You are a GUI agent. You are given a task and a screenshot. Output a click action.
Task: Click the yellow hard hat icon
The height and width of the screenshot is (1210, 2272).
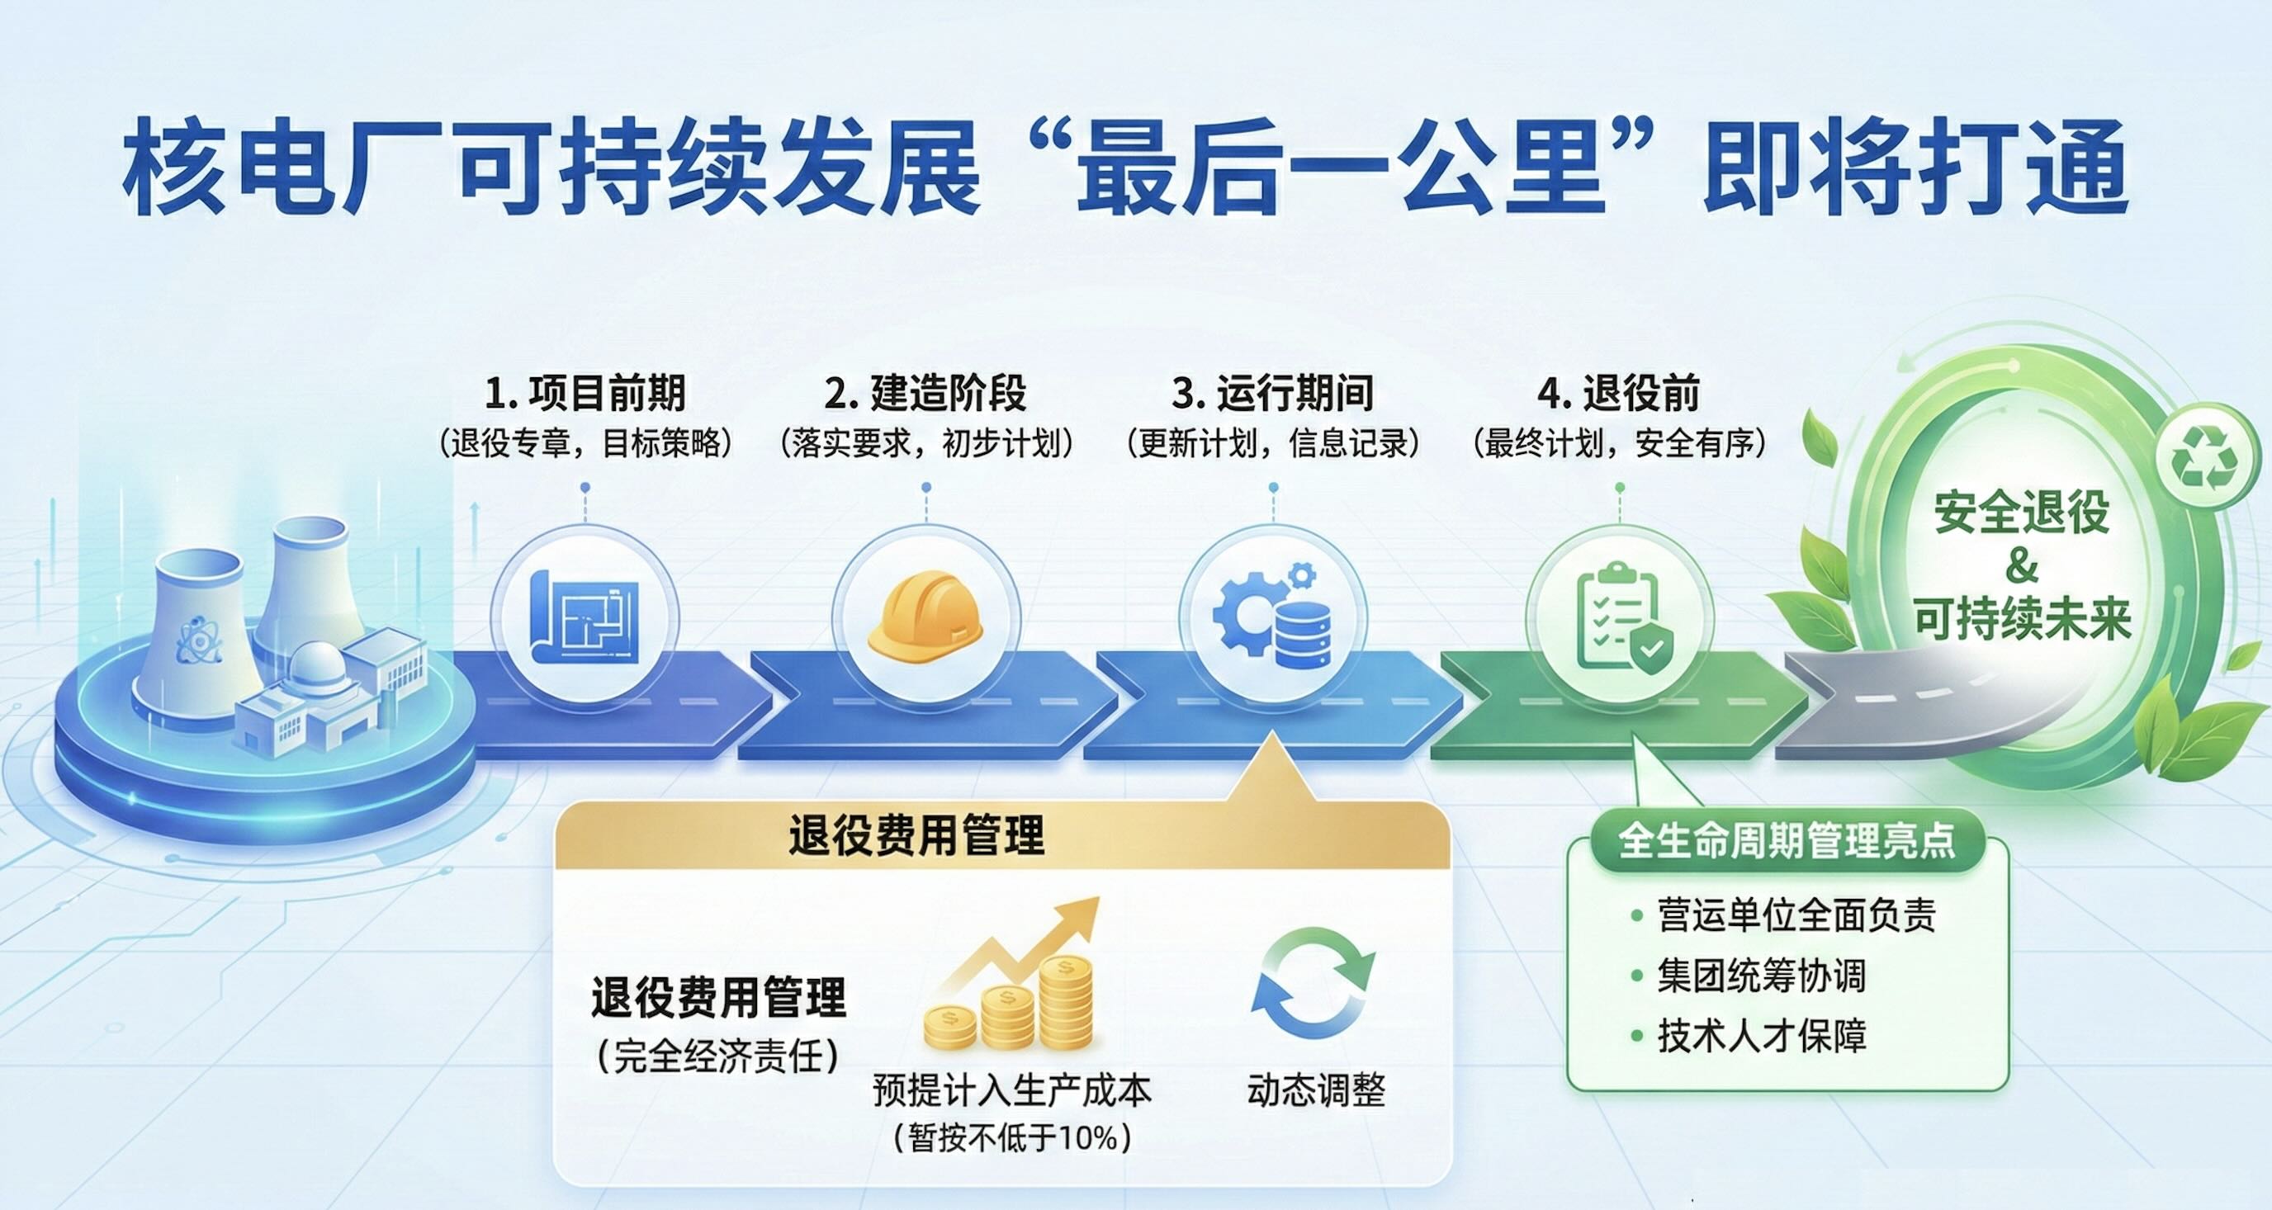pos(925,615)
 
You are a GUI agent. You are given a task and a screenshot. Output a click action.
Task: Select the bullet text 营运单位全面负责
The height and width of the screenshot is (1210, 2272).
pos(1796,915)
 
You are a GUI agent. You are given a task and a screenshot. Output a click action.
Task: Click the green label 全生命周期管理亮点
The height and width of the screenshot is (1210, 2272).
pos(1787,840)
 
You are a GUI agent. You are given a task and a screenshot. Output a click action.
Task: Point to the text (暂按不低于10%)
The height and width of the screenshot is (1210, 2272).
pos(1012,1138)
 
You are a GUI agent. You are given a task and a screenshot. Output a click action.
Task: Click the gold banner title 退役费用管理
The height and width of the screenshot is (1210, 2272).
pos(916,835)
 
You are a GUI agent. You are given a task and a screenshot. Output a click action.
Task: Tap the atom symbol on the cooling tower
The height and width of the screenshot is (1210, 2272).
pos(199,640)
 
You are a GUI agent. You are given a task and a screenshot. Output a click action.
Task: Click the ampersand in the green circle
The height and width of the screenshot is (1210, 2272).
pos(2022,565)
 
